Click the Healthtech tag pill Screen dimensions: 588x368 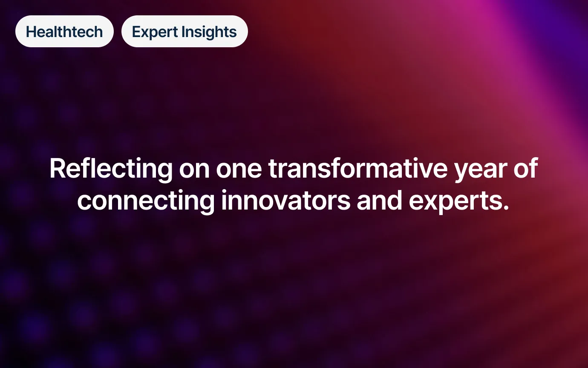click(64, 31)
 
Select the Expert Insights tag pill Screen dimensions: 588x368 click(184, 31)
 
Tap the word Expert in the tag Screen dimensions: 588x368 click(155, 32)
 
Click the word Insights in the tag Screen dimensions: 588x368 click(209, 32)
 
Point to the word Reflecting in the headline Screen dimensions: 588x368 click(111, 169)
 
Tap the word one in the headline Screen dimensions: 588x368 click(239, 171)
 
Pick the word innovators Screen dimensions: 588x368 click(286, 201)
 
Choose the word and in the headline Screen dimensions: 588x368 click(379, 201)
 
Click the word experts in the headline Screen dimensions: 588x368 click(455, 202)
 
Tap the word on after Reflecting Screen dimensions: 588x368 click(194, 171)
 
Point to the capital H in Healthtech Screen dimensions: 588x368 click(32, 32)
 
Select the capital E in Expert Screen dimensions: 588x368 click(136, 32)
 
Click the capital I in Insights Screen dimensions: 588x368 click(183, 32)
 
